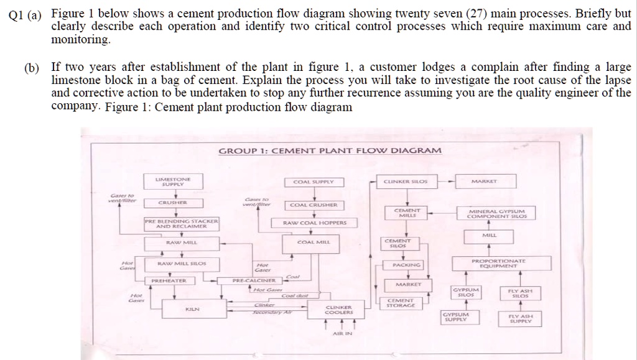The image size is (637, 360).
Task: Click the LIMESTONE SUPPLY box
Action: (x=174, y=182)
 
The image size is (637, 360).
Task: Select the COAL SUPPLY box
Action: (x=314, y=182)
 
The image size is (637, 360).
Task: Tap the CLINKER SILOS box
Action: (x=406, y=182)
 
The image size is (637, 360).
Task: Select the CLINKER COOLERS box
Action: (x=339, y=309)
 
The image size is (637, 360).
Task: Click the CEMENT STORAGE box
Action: (x=400, y=303)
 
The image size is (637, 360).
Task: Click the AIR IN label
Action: (x=342, y=334)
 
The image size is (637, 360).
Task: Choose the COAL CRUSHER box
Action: (x=314, y=205)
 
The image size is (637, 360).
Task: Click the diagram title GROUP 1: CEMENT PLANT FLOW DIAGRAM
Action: (x=330, y=151)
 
